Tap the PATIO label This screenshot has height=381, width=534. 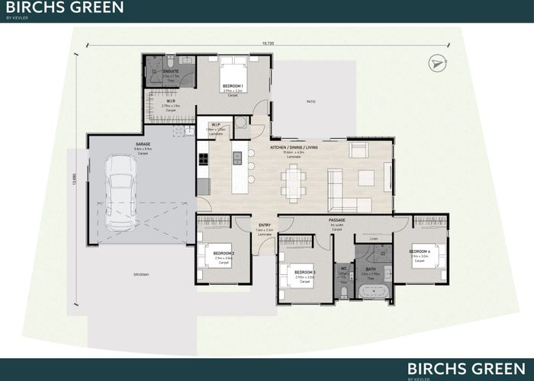pos(310,101)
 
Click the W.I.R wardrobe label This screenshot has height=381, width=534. pos(172,100)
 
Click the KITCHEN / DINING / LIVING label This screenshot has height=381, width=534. pos(294,147)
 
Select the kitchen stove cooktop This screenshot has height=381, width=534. pos(203,160)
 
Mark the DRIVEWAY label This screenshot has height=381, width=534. pos(140,275)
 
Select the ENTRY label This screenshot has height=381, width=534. pos(265,226)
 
